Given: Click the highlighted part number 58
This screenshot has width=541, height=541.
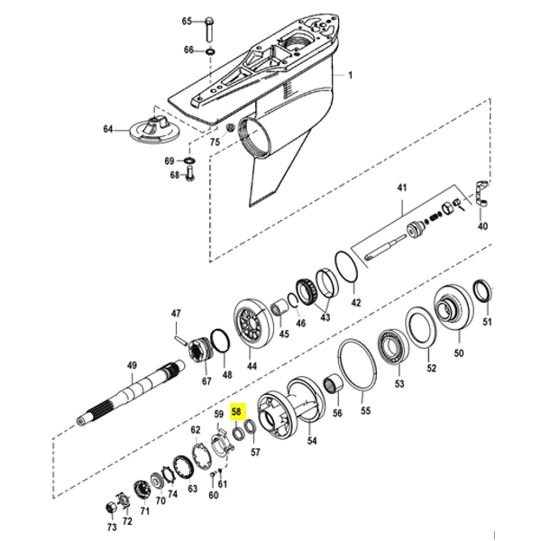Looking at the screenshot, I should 237,410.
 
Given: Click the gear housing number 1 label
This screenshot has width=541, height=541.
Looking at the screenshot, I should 351,75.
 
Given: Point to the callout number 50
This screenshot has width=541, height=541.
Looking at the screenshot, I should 458,354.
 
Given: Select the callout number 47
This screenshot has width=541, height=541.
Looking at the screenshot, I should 177,314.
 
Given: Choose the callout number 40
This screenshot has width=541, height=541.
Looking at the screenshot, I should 482,226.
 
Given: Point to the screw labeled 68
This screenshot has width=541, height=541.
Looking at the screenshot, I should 190,177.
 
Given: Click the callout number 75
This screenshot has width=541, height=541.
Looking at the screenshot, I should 215,142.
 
